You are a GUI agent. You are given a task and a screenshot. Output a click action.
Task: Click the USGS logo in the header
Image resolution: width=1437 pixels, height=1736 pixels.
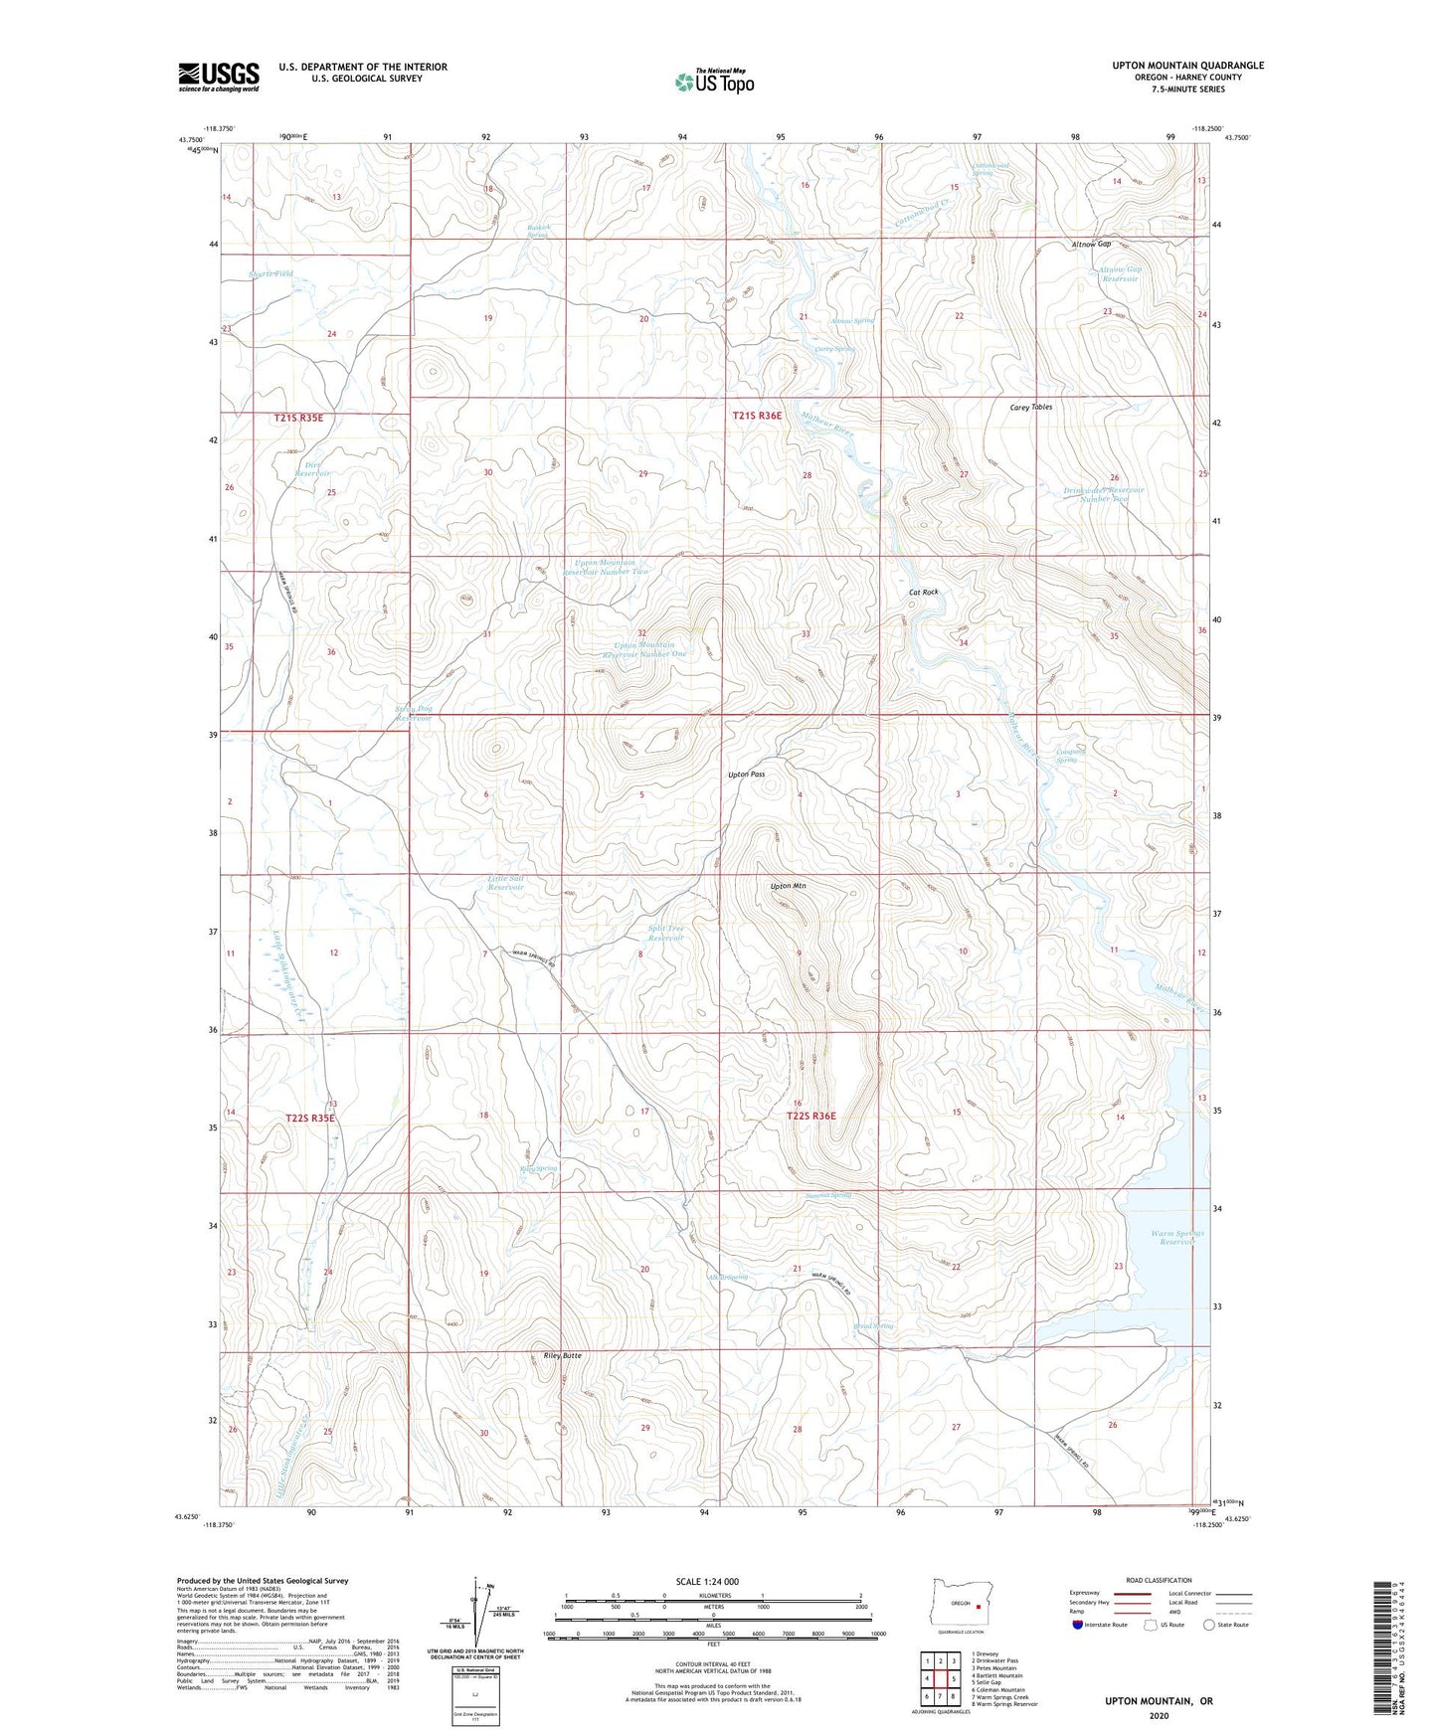(x=218, y=77)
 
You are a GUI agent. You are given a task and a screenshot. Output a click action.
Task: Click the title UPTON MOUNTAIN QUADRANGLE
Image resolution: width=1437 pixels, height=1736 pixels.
(x=1187, y=66)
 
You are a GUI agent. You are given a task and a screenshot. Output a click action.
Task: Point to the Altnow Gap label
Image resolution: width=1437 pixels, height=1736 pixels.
(x=1090, y=244)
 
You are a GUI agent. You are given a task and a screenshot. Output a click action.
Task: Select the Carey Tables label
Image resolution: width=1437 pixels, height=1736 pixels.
(x=1030, y=407)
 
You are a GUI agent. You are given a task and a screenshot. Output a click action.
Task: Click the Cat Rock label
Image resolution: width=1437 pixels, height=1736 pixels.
(x=923, y=592)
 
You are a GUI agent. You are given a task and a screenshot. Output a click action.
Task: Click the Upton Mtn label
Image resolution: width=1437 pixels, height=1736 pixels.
(x=787, y=886)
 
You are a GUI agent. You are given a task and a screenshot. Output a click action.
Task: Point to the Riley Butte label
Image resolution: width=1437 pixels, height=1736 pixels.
(x=562, y=1355)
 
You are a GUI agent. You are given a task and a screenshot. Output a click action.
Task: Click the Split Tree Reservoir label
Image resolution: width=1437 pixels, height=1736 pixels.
(x=666, y=933)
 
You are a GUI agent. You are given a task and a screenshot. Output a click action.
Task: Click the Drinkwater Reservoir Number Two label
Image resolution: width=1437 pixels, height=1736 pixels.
(x=1104, y=494)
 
